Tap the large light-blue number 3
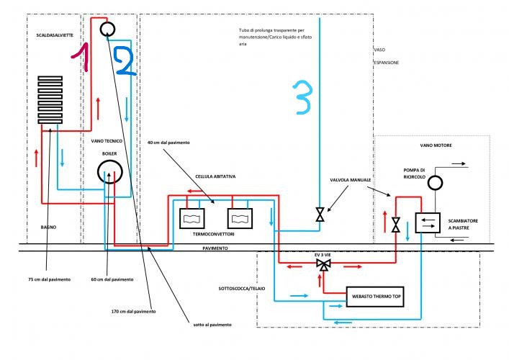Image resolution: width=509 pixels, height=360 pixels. click(x=302, y=99)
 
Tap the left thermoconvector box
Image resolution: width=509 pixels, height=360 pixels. click(x=192, y=217)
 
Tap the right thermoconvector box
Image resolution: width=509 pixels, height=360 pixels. click(x=241, y=217)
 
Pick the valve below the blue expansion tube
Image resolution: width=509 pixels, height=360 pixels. click(x=320, y=215)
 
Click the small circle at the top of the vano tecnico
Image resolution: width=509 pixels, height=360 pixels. click(x=108, y=30)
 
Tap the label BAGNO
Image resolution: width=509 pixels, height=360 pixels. click(x=48, y=227)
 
